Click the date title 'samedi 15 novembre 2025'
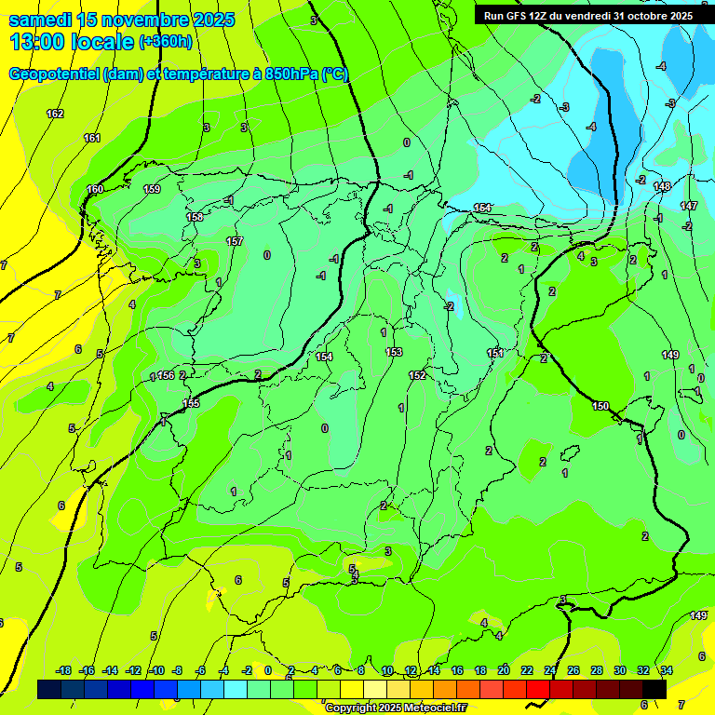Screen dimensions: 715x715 pyautogui.click(x=121, y=19)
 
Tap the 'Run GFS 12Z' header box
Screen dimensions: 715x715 pyautogui.click(x=587, y=15)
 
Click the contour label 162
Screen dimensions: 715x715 pyautogui.click(x=55, y=114)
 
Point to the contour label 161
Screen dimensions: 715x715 pyautogui.click(x=91, y=138)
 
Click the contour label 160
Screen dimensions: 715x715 pyautogui.click(x=95, y=189)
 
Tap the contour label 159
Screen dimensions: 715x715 pyautogui.click(x=152, y=189)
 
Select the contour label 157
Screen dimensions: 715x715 pyautogui.click(x=235, y=241)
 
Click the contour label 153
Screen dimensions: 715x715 pyautogui.click(x=394, y=352)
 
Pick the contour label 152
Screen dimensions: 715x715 pyautogui.click(x=417, y=375)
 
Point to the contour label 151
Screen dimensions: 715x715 pyautogui.click(x=495, y=353)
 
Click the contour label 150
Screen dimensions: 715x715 pyautogui.click(x=600, y=406)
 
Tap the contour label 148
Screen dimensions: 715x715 pyautogui.click(x=662, y=187)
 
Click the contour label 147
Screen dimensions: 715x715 pyautogui.click(x=688, y=206)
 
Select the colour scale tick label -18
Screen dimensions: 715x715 pyautogui.click(x=63, y=670)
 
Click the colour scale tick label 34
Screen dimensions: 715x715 pyautogui.click(x=667, y=670)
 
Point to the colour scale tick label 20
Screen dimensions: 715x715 pyautogui.click(x=504, y=670)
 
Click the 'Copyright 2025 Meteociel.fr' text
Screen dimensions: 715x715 pyautogui.click(x=395, y=708)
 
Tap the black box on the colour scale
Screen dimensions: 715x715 pyautogui.click(x=654, y=689)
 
